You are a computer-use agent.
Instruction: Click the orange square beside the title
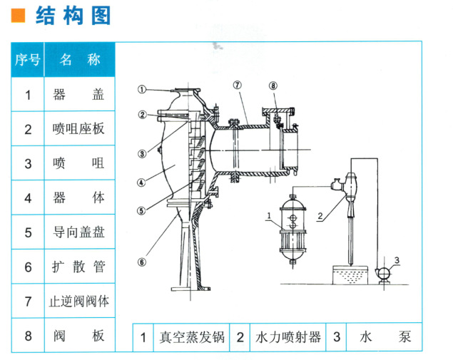pyautogui.click(x=20, y=15)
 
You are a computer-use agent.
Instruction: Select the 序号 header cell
pyautogui.click(x=28, y=60)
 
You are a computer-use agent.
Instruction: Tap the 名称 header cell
pyautogui.click(x=80, y=60)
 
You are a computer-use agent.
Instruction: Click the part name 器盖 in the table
pyautogui.click(x=80, y=94)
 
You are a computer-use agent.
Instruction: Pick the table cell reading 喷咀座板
pyautogui.click(x=80, y=129)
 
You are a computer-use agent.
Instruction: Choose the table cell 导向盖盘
pyautogui.click(x=80, y=232)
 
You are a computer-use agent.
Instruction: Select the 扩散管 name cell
pyautogui.click(x=80, y=267)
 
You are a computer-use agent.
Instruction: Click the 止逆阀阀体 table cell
pyautogui.click(x=80, y=301)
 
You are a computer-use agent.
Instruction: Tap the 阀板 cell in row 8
pyautogui.click(x=80, y=335)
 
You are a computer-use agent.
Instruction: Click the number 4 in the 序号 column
pyautogui.click(x=28, y=197)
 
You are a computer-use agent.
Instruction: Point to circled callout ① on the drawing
pyautogui.click(x=142, y=90)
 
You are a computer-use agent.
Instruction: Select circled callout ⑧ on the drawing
pyautogui.click(x=273, y=87)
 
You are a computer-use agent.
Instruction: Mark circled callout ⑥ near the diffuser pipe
pyautogui.click(x=141, y=261)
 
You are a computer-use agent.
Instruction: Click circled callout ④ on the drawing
pyautogui.click(x=141, y=182)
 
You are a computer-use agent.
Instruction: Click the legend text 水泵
pyautogui.click(x=386, y=337)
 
